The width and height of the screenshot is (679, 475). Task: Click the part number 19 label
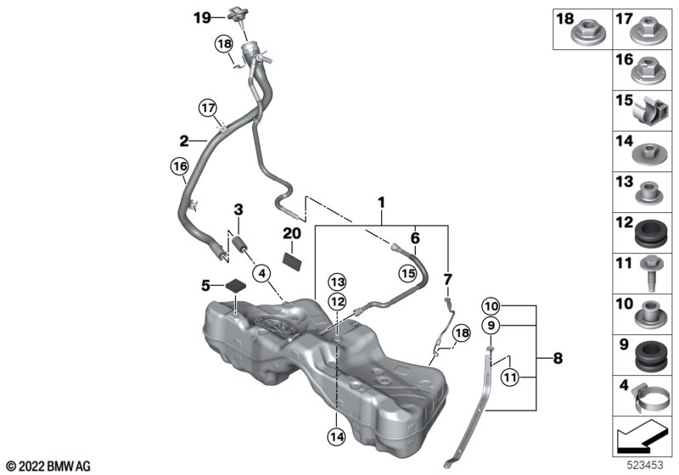coord(199,17)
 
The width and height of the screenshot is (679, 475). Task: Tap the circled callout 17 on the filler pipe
coord(209,108)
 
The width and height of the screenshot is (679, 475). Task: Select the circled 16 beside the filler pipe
coord(178,169)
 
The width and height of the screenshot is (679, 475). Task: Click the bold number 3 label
coord(238,210)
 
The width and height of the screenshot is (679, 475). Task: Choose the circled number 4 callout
coord(261,273)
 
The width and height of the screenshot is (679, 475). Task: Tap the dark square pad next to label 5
coord(234,285)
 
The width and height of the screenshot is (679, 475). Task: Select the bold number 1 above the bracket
coord(381,204)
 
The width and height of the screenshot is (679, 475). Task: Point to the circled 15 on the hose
coord(408,273)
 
